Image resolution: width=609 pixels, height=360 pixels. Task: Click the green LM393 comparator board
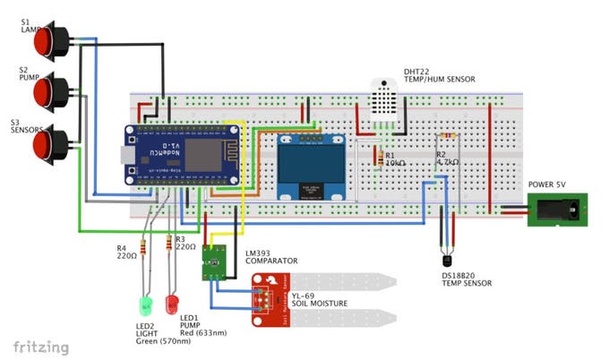[214, 261]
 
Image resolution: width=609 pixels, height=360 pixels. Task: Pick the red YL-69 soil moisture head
[269, 300]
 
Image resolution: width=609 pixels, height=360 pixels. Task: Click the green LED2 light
[145, 304]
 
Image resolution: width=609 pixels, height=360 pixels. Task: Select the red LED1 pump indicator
[172, 303]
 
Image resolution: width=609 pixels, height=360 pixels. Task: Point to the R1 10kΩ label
[396, 162]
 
